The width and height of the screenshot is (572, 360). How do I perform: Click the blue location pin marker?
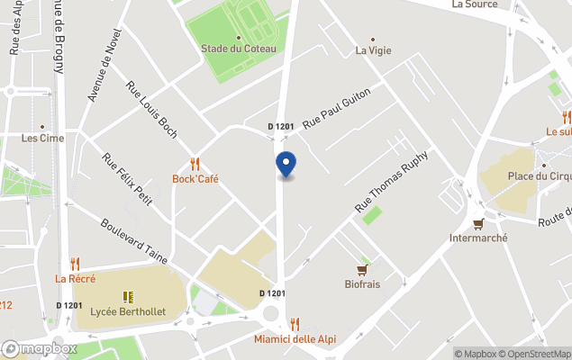point(286,165)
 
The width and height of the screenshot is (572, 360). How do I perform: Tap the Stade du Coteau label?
point(238,49)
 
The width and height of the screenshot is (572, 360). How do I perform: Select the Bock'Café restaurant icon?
point(195,164)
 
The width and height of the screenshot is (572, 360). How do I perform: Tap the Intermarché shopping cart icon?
point(478,223)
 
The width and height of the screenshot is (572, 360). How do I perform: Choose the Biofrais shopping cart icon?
point(362,269)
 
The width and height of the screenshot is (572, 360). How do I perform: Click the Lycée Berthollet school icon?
point(128,296)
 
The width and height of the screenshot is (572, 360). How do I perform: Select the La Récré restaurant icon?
point(75,264)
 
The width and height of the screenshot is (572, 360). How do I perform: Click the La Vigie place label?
point(373,50)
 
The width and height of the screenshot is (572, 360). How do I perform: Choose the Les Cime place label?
point(42,138)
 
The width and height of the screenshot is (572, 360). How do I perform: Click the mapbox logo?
point(38,348)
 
